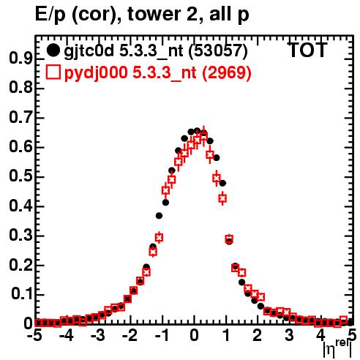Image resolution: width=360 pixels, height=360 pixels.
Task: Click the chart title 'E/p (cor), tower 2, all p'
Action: coord(142,15)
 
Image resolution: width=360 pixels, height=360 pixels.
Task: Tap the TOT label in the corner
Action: coord(308,50)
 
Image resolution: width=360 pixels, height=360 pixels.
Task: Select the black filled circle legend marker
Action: coord(53,50)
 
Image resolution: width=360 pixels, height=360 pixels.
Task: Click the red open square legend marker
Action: coord(53,72)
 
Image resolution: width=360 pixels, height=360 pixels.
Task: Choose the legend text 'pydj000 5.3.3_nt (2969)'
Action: coord(158,73)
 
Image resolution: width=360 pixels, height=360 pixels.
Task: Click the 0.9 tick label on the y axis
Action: coord(20,59)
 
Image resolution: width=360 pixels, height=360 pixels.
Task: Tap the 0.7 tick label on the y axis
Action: coord(20,118)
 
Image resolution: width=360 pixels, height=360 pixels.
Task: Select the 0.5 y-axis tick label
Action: coord(20,176)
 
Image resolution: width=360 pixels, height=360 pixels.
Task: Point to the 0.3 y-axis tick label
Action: coord(20,236)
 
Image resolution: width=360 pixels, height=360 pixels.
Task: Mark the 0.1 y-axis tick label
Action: coord(21,295)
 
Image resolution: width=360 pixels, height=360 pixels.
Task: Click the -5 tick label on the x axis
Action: coord(35,336)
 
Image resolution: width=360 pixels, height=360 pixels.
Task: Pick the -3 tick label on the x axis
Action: coord(98,336)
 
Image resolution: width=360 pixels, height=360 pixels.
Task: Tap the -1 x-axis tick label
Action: coord(161,336)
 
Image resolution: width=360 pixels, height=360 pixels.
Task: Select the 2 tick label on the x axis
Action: coord(258,336)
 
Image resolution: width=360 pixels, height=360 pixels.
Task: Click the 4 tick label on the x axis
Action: coord(320,336)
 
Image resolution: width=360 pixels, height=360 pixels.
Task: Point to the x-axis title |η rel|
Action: coord(337,349)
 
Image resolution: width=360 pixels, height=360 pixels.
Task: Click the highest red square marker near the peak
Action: coord(203,136)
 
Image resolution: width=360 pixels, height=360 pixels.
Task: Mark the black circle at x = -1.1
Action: coord(160,216)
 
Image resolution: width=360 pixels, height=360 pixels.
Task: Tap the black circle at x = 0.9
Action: coord(222,183)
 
